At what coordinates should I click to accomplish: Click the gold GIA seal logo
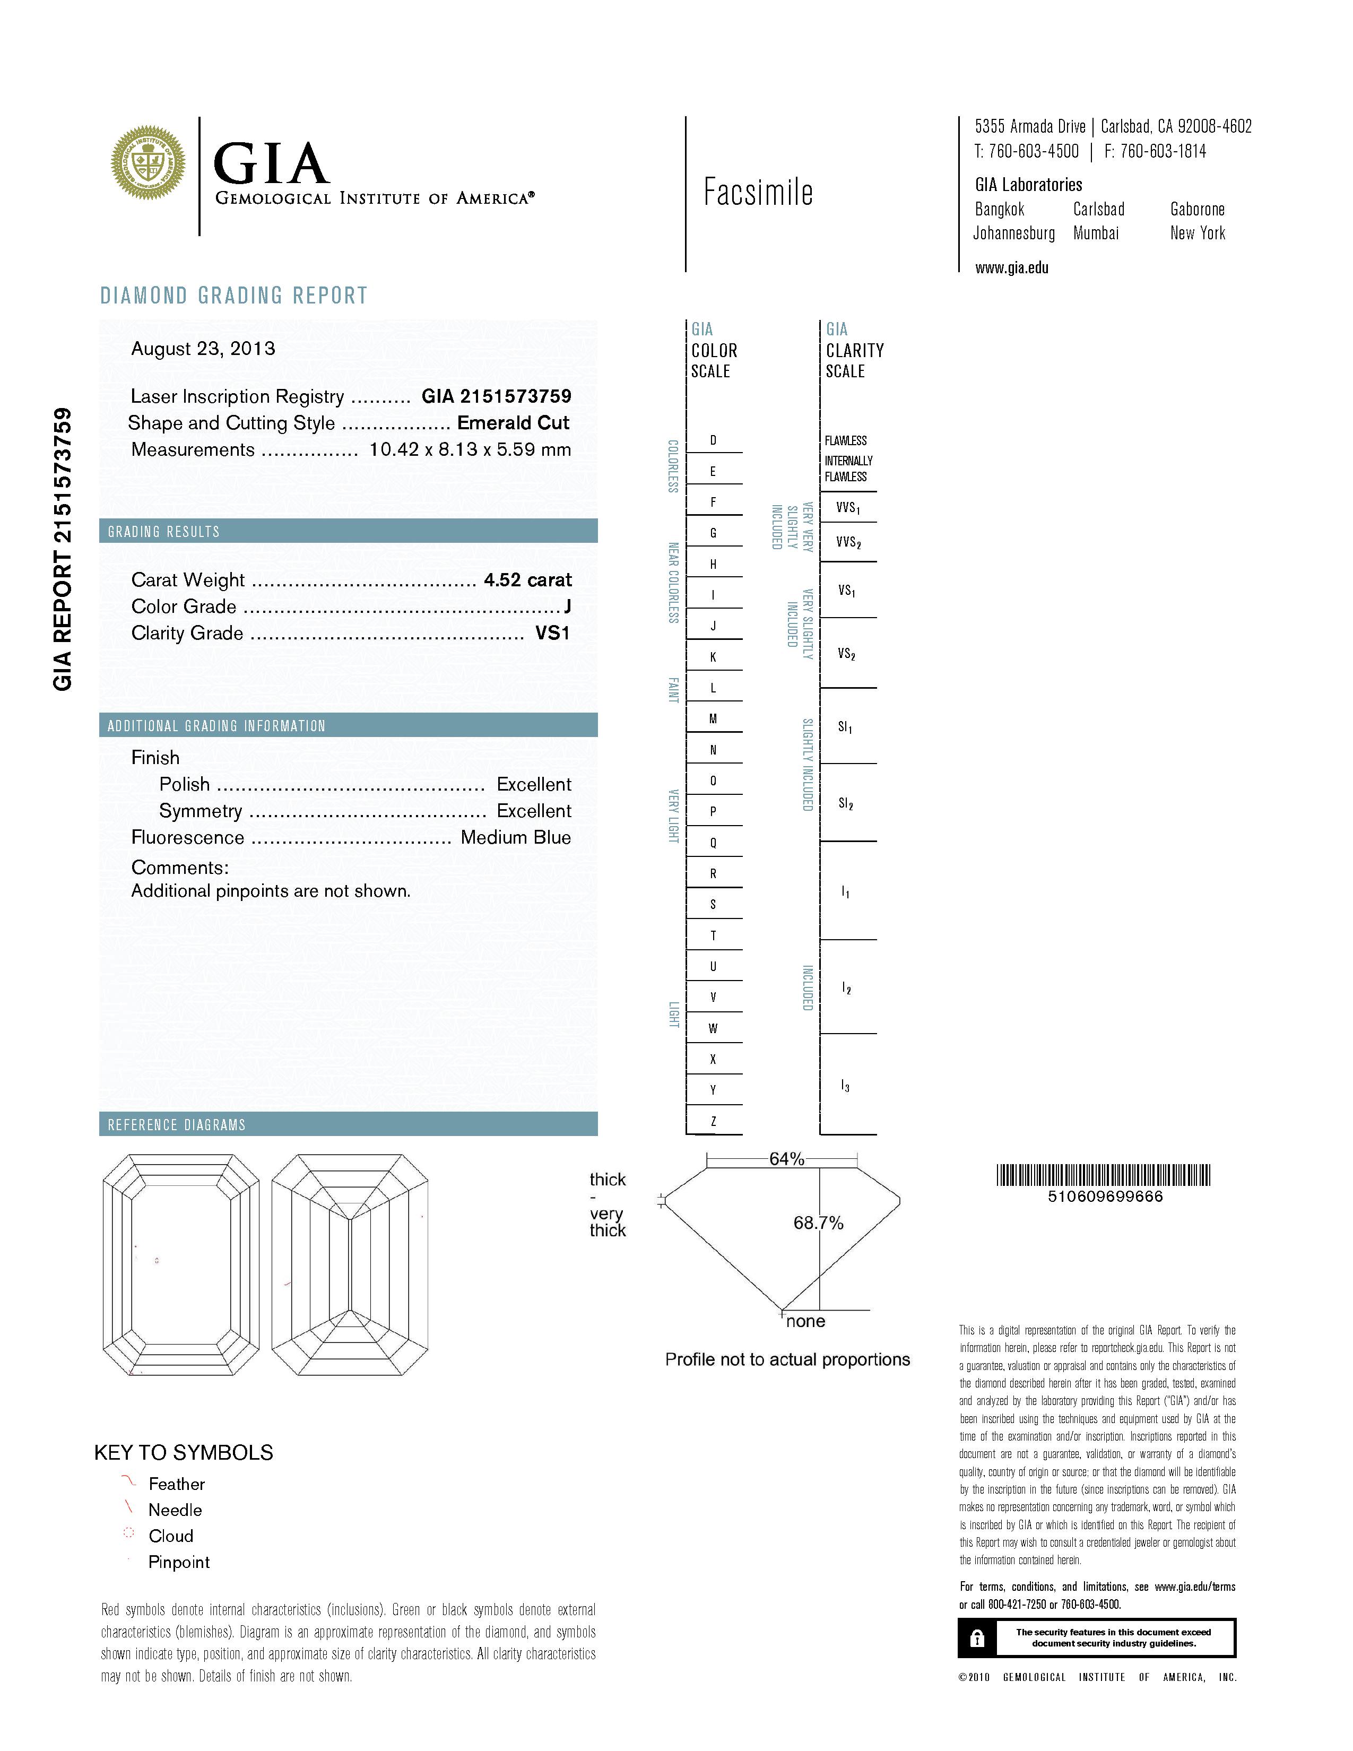click(x=148, y=163)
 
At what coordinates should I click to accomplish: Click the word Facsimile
click(x=758, y=193)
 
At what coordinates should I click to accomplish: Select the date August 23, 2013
click(x=203, y=349)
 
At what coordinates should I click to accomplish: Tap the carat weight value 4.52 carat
click(x=527, y=579)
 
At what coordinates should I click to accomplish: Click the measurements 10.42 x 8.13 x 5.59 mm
click(x=470, y=450)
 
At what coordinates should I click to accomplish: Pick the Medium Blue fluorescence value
click(x=515, y=838)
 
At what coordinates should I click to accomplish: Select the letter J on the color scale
click(x=713, y=626)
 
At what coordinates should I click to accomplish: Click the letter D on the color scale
click(x=713, y=440)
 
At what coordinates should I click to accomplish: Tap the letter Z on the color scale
click(x=713, y=1121)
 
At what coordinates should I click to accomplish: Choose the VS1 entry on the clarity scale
click(x=846, y=591)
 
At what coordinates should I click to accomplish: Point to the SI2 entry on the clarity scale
click(x=846, y=803)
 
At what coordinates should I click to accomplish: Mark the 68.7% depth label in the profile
click(x=818, y=1223)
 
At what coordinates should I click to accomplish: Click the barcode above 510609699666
click(x=1104, y=1175)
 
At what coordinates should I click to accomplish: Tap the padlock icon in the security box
click(x=976, y=1638)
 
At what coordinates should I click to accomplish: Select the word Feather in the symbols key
click(x=176, y=1484)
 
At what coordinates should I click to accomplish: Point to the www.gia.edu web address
click(x=1011, y=268)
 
